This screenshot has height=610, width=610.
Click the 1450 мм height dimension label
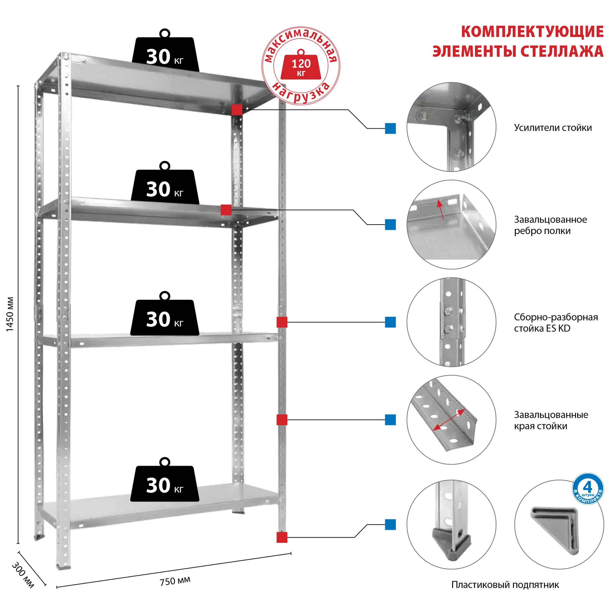(x=10, y=314)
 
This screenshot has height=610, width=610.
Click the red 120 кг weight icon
(x=301, y=66)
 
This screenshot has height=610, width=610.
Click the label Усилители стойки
(x=553, y=128)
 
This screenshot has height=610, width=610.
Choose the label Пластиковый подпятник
(x=505, y=585)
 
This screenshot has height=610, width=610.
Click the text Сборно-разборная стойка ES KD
(x=556, y=323)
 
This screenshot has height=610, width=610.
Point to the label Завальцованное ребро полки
(x=550, y=225)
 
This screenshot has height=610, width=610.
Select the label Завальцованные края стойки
(x=551, y=420)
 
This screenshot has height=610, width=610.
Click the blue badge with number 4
(x=588, y=489)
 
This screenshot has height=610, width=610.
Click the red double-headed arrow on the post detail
(x=449, y=420)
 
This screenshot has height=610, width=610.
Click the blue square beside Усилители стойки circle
(x=390, y=128)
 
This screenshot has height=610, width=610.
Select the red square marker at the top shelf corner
(x=237, y=110)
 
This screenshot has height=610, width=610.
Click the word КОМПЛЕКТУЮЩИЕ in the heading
(x=532, y=32)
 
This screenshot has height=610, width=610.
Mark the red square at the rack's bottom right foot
(x=282, y=537)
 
